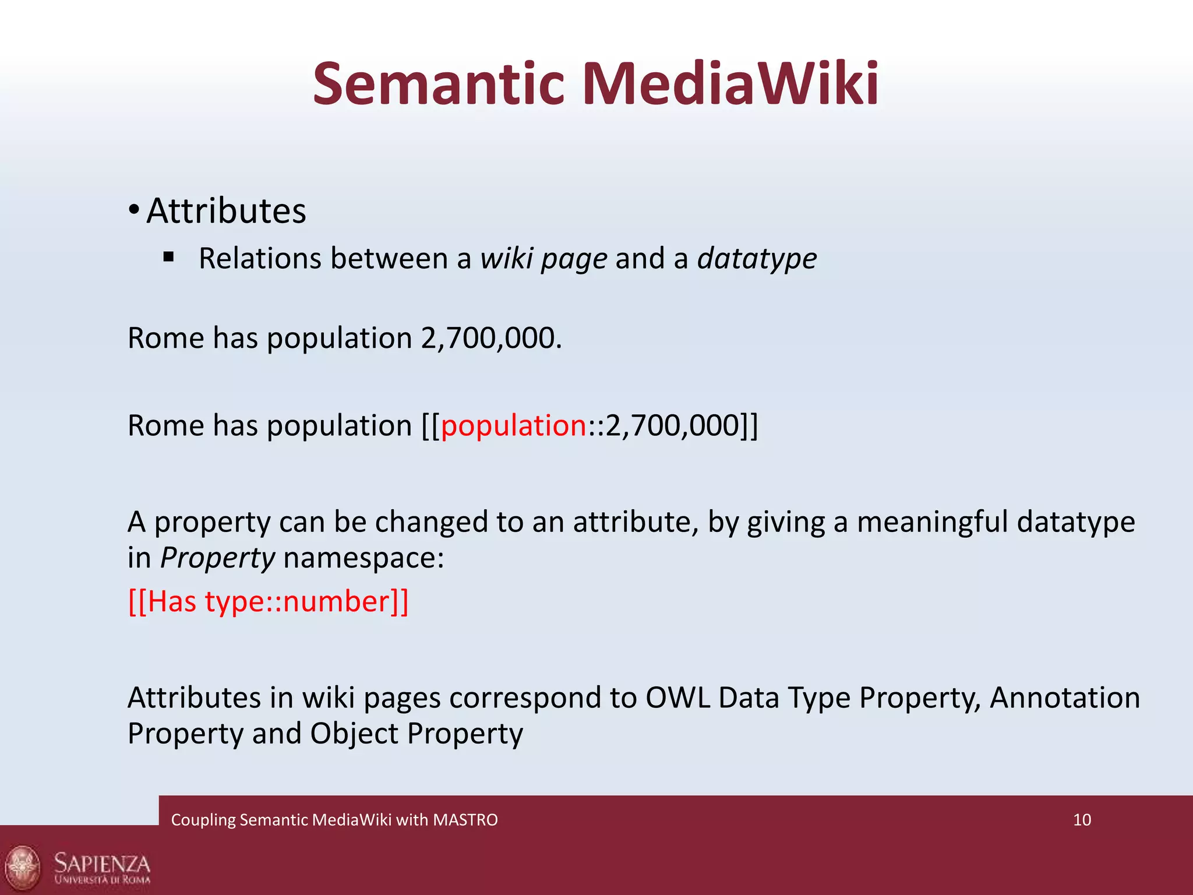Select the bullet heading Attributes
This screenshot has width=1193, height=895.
click(x=226, y=211)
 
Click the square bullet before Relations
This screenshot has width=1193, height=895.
click(x=169, y=256)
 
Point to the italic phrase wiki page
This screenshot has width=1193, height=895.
click(x=543, y=259)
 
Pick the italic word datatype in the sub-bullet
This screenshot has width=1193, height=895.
click(x=757, y=259)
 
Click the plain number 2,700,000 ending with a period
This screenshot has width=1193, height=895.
click(x=491, y=338)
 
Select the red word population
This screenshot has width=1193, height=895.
click(x=513, y=425)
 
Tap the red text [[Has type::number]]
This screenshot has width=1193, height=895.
click(x=268, y=601)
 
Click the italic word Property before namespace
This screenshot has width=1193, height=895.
click(x=217, y=558)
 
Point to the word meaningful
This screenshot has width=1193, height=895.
click(x=932, y=522)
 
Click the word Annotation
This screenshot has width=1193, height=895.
click(x=1064, y=697)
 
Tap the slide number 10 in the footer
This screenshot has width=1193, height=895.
click(x=1082, y=820)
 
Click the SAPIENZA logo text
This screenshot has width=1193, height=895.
click(x=102, y=864)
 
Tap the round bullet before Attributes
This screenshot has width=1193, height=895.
click(x=134, y=211)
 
